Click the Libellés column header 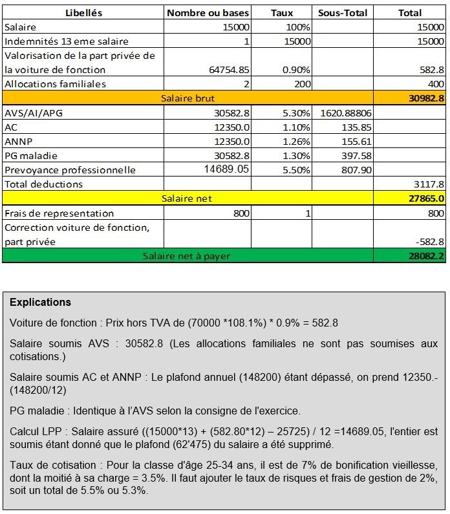pyautogui.click(x=84, y=13)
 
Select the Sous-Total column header pyautogui.click(x=343, y=13)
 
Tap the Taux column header pyautogui.click(x=281, y=13)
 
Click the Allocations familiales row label pyautogui.click(x=55, y=84)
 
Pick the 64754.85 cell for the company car pyautogui.click(x=227, y=70)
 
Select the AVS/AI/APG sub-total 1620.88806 pyautogui.click(x=345, y=112)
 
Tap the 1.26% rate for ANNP pyautogui.click(x=297, y=141)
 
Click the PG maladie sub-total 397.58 pyautogui.click(x=357, y=155)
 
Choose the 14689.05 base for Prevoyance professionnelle pyautogui.click(x=226, y=169)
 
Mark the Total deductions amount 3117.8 pyautogui.click(x=429, y=184)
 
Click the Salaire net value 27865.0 pyautogui.click(x=423, y=198)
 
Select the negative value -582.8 pyautogui.click(x=430, y=241)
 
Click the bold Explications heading pyautogui.click(x=40, y=302)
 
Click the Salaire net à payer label pyautogui.click(x=186, y=255)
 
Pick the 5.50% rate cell pyautogui.click(x=297, y=170)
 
